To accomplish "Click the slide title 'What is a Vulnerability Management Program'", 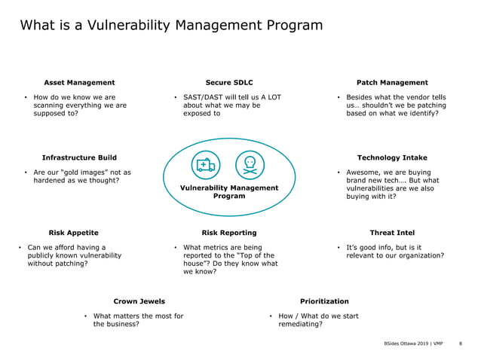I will coord(171,26).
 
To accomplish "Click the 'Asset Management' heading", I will coord(79,82).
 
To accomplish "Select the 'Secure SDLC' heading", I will coord(229,82).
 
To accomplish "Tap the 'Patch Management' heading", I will coord(391,82).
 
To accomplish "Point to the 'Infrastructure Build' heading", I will coord(79,157).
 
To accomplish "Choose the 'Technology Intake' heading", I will coord(391,157).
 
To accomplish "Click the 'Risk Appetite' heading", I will coord(73,233).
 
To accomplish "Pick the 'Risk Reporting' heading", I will coord(229,233).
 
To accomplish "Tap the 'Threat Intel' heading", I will coord(391,233).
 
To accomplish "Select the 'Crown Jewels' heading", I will coord(139,301).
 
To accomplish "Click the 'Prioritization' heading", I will coord(324,301).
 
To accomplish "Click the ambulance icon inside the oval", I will coord(205,165).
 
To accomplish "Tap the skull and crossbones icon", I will coord(250,165).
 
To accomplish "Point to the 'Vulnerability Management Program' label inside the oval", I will coord(229,191).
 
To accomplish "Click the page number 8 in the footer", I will coord(460,343).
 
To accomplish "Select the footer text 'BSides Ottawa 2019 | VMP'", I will coord(413,343).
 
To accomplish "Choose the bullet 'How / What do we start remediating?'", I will coord(318,319).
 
